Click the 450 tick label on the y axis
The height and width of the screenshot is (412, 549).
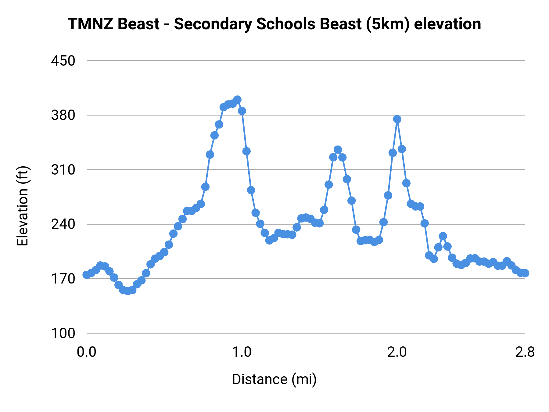(x=63, y=61)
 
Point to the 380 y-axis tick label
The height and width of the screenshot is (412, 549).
(x=63, y=115)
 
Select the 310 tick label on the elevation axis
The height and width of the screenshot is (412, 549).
(x=63, y=170)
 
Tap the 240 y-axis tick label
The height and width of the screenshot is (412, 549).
(x=63, y=224)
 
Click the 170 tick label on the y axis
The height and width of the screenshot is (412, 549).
(x=63, y=279)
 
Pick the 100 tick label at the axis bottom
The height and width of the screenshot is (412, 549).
(x=63, y=333)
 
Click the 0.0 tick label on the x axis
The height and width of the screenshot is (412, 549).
(x=87, y=352)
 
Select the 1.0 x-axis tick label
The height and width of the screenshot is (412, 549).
(x=242, y=352)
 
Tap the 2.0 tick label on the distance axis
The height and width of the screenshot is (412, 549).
(x=397, y=352)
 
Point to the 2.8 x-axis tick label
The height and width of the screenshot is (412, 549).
(x=525, y=352)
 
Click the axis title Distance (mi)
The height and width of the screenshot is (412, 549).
(x=274, y=379)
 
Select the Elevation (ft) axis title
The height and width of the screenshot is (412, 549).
(x=23, y=206)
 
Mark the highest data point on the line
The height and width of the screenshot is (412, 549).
(x=237, y=99)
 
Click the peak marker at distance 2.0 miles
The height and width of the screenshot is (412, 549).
(x=397, y=119)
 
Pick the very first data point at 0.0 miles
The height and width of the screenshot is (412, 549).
(x=87, y=275)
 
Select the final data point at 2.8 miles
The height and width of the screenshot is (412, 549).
(x=525, y=273)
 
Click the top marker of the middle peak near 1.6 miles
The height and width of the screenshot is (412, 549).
(x=338, y=150)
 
